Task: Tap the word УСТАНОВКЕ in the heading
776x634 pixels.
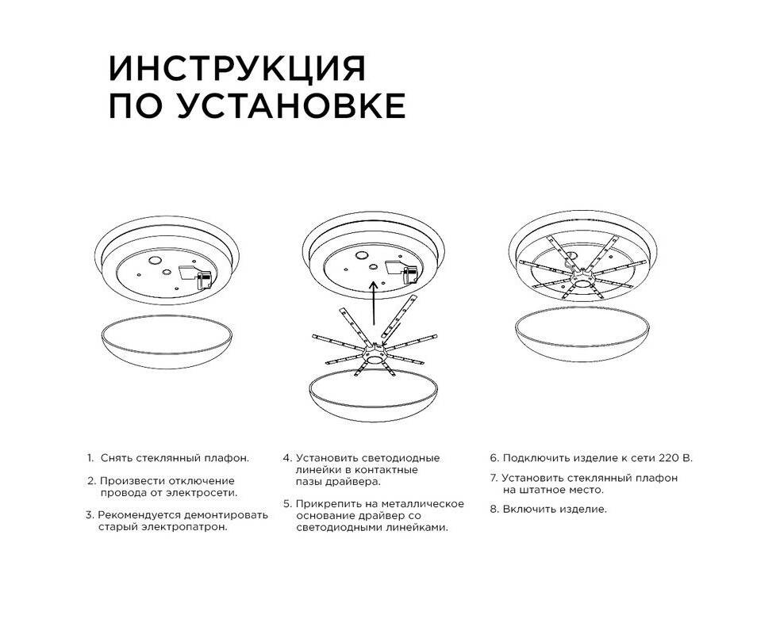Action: click(x=291, y=105)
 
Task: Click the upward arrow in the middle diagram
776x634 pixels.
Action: click(x=375, y=304)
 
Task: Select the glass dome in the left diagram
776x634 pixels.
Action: click(x=167, y=342)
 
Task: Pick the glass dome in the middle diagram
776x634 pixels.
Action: click(x=374, y=395)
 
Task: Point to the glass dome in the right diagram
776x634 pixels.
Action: click(x=582, y=334)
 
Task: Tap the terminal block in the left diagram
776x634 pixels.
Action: click(x=204, y=280)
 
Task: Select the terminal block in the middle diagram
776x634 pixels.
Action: click(x=410, y=275)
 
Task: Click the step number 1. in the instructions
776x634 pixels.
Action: click(x=90, y=457)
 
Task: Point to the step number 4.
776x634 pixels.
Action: click(x=287, y=458)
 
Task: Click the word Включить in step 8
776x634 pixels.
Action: click(x=526, y=509)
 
